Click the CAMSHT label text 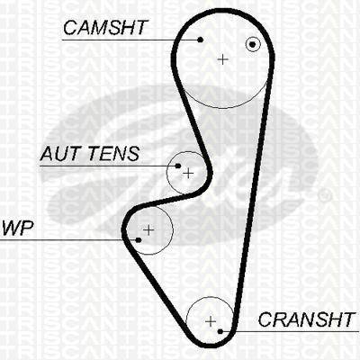[x=105, y=28]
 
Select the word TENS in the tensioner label [x=114, y=154]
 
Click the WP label [x=17, y=229]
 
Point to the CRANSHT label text [x=306, y=319]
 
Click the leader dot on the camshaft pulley [x=201, y=40]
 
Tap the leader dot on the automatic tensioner [x=178, y=166]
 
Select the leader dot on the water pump [x=139, y=240]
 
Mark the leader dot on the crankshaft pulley [x=220, y=331]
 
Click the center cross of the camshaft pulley [x=222, y=59]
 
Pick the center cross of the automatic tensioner [x=188, y=173]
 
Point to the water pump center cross [x=148, y=230]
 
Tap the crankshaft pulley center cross [x=211, y=321]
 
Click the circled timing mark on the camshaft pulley [x=253, y=45]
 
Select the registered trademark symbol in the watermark [x=325, y=195]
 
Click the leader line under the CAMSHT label [x=131, y=40]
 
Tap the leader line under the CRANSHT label [x=290, y=331]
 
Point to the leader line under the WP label [x=69, y=240]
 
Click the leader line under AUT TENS [x=109, y=166]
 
